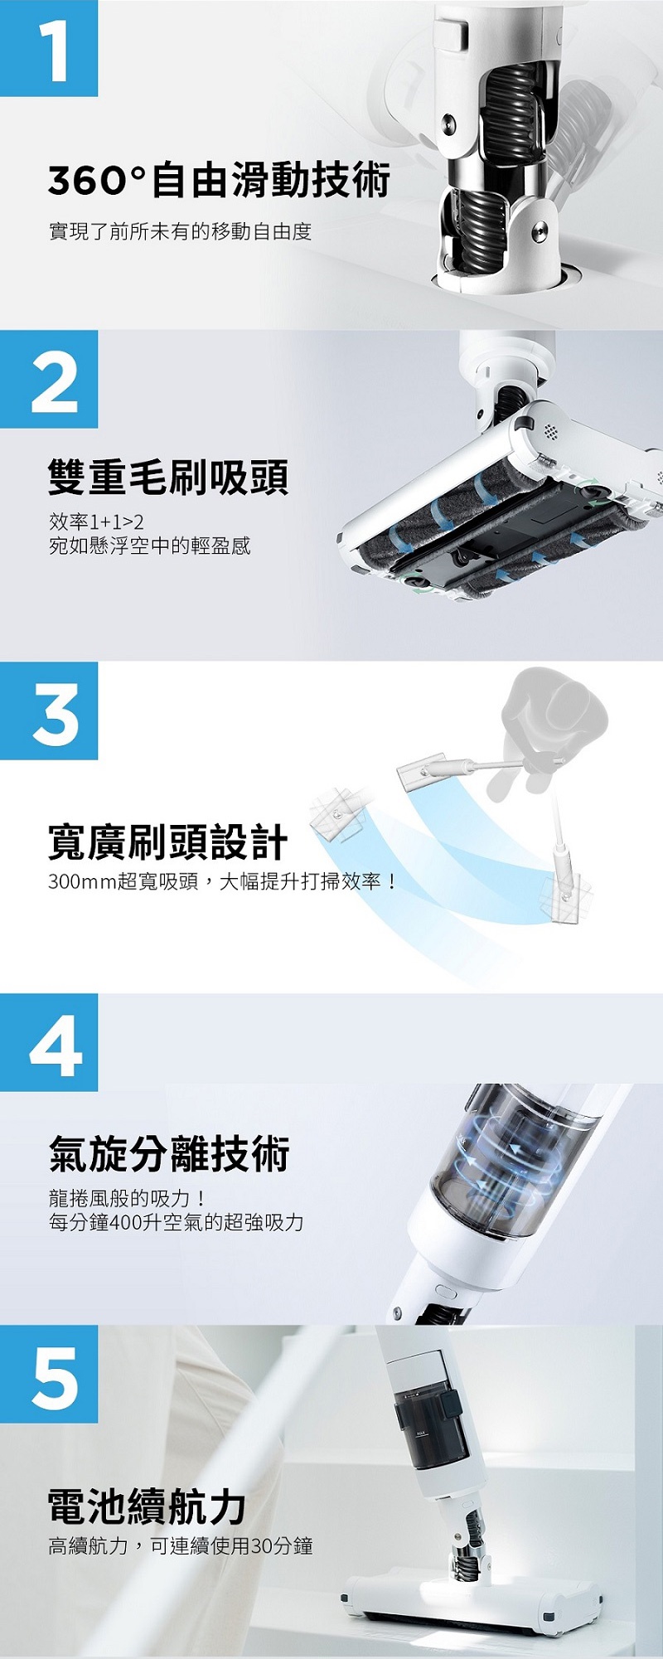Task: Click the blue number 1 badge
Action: point(49,48)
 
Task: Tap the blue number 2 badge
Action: point(49,379)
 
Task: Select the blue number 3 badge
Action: point(49,711)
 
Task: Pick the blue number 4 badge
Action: point(49,1042)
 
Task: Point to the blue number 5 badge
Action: point(49,1374)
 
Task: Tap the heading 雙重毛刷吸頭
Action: point(168,477)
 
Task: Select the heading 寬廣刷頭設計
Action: point(168,842)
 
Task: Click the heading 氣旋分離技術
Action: point(169,1153)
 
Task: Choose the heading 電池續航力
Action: point(148,1506)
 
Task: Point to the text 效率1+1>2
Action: point(96,522)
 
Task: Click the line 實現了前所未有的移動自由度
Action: point(180,231)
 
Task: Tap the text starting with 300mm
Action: point(222,881)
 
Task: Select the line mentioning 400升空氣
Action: point(177,1222)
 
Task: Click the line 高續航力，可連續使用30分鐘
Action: point(181,1545)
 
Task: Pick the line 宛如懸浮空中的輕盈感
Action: point(150,546)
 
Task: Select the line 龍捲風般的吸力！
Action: point(128,1198)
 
